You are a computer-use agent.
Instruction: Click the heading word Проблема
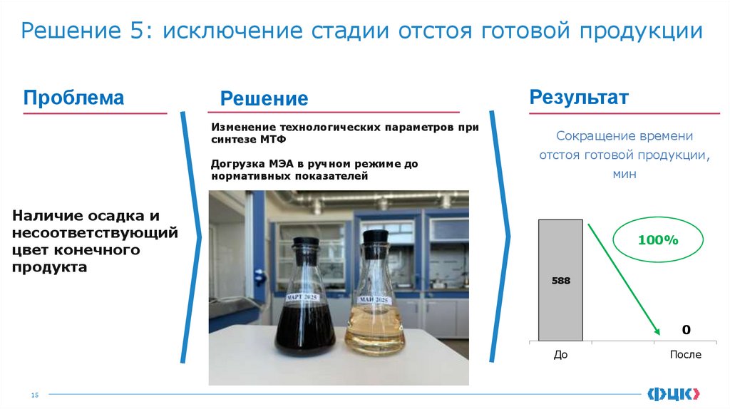73,98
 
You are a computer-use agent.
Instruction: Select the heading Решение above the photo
264,99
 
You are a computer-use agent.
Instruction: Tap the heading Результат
578,98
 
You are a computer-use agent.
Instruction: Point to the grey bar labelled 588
560,280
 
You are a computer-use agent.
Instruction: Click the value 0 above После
686,330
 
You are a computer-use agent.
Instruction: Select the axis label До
560,354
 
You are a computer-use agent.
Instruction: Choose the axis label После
685,354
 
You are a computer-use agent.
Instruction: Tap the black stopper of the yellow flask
375,237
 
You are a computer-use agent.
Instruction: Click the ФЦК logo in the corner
674,393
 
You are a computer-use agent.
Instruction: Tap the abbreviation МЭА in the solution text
280,163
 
